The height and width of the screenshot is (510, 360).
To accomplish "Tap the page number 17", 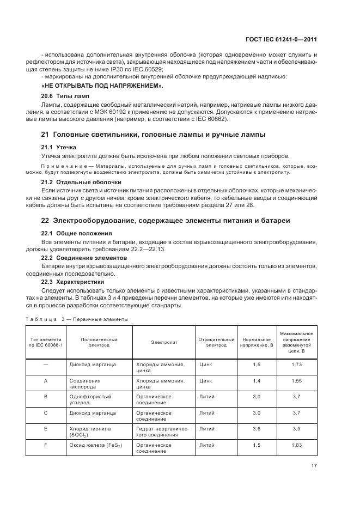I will (x=314, y=466).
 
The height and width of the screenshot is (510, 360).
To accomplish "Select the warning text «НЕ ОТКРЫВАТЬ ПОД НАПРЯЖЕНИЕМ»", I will (x=102, y=86).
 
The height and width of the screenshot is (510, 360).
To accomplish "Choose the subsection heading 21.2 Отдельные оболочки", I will (x=81, y=181).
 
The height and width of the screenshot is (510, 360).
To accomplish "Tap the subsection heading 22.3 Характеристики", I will (x=72, y=282).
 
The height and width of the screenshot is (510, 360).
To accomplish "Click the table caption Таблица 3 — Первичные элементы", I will (x=77, y=319).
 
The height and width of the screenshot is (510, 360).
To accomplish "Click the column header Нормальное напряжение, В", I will (x=256, y=342).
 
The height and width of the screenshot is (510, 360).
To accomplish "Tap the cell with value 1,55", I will (x=296, y=380).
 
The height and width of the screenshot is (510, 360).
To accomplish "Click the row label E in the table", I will (x=46, y=429).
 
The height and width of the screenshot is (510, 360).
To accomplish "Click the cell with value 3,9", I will (x=296, y=429).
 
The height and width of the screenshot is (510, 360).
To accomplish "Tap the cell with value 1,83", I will (x=296, y=445).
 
